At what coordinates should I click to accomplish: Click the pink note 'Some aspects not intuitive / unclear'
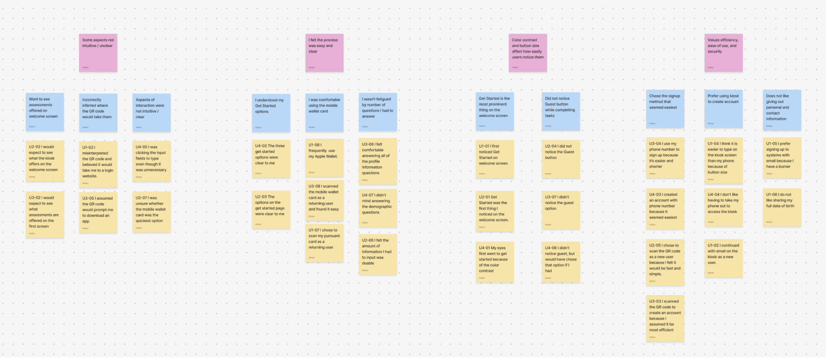[98, 53]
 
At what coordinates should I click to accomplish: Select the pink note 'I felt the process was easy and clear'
[324, 53]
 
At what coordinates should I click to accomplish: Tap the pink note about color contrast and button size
[527, 53]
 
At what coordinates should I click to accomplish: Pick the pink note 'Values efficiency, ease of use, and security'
[723, 53]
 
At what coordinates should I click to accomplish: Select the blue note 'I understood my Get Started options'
[271, 113]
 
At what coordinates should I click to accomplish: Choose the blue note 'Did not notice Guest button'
[561, 112]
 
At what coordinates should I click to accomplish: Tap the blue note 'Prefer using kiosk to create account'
[723, 109]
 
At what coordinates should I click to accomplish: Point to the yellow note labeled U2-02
[45, 161]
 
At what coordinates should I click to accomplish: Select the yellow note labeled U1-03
[98, 164]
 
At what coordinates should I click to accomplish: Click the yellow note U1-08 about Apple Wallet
[324, 158]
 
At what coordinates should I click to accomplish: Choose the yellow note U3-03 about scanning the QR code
[665, 319]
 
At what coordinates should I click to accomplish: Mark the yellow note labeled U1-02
[723, 258]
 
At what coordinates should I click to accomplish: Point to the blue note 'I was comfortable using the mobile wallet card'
[324, 113]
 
